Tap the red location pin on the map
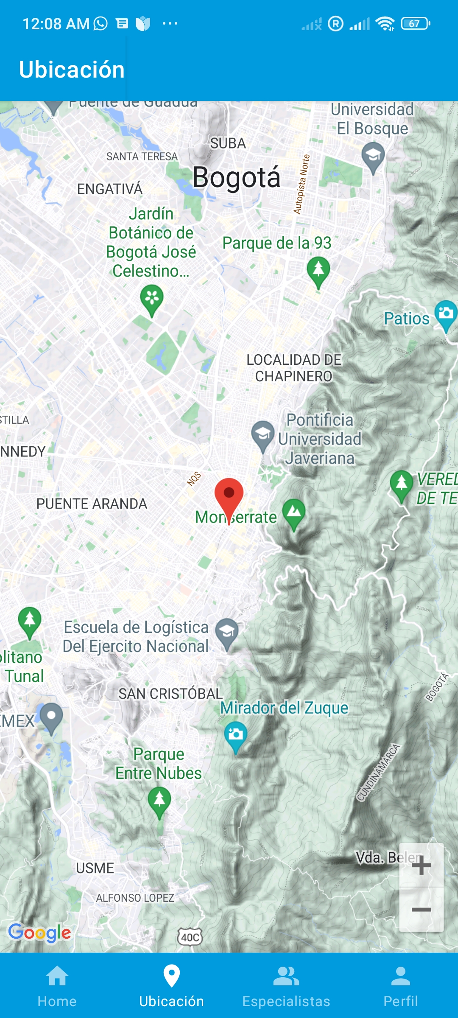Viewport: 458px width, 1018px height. tap(229, 494)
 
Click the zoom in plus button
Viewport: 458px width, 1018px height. tap(421, 866)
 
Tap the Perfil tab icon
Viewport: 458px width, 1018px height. tap(401, 976)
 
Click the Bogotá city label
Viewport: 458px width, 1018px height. tap(236, 177)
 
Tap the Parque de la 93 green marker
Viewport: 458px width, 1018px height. tap(318, 270)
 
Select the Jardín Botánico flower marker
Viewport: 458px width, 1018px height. tap(152, 299)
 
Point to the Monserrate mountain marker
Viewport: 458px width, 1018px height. tap(294, 512)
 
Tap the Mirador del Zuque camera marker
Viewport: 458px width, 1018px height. tap(235, 735)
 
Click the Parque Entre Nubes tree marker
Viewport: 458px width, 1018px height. tap(159, 801)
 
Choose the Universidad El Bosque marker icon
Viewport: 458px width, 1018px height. tap(373, 157)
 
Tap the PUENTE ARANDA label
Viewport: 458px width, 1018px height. tap(92, 504)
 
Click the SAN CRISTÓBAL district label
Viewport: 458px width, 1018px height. tap(170, 694)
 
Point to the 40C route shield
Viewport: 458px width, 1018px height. tap(190, 937)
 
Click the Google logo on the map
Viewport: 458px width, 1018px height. tap(39, 932)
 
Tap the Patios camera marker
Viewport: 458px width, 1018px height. tap(446, 314)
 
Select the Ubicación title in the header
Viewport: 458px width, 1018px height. tap(72, 70)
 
